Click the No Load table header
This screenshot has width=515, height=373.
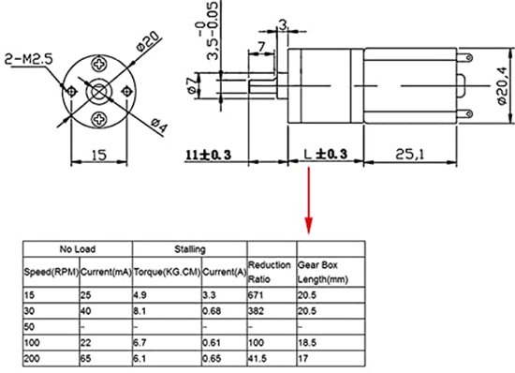pos(79,249)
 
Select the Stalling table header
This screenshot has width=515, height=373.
pos(190,249)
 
